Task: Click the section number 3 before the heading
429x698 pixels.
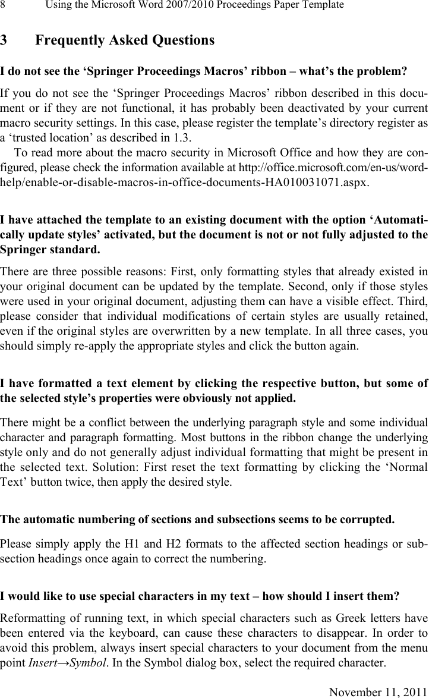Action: tap(4, 41)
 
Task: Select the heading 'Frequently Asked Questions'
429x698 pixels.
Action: tap(125, 41)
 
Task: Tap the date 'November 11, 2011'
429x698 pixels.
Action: tap(378, 691)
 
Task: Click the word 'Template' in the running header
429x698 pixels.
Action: tap(323, 5)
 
